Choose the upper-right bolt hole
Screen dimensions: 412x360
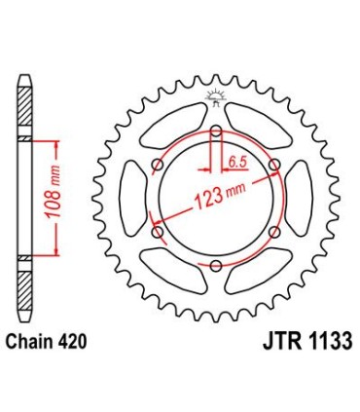pos(273,163)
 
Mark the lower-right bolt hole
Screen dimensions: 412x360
pos(273,231)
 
